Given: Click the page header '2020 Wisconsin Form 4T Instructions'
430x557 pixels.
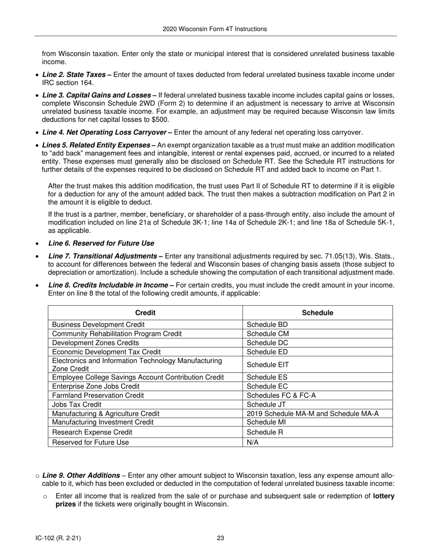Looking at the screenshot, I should click(215, 29).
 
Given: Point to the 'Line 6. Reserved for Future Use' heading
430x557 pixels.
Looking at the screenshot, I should click(101, 243).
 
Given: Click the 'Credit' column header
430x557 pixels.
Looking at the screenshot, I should click(145, 313).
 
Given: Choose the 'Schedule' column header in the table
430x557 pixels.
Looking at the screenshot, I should click(317, 313).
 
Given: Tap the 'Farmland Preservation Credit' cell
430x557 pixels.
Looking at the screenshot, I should click(98, 396).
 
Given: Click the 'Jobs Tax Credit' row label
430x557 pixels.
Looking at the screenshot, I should click(77, 405).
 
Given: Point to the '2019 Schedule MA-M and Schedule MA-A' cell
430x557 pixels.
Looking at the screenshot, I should click(313, 414).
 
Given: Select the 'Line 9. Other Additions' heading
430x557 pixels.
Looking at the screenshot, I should click(81, 475).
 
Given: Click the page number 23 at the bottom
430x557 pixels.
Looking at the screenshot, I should click(220, 538).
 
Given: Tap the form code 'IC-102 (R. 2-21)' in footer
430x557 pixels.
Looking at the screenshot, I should click(58, 538).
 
